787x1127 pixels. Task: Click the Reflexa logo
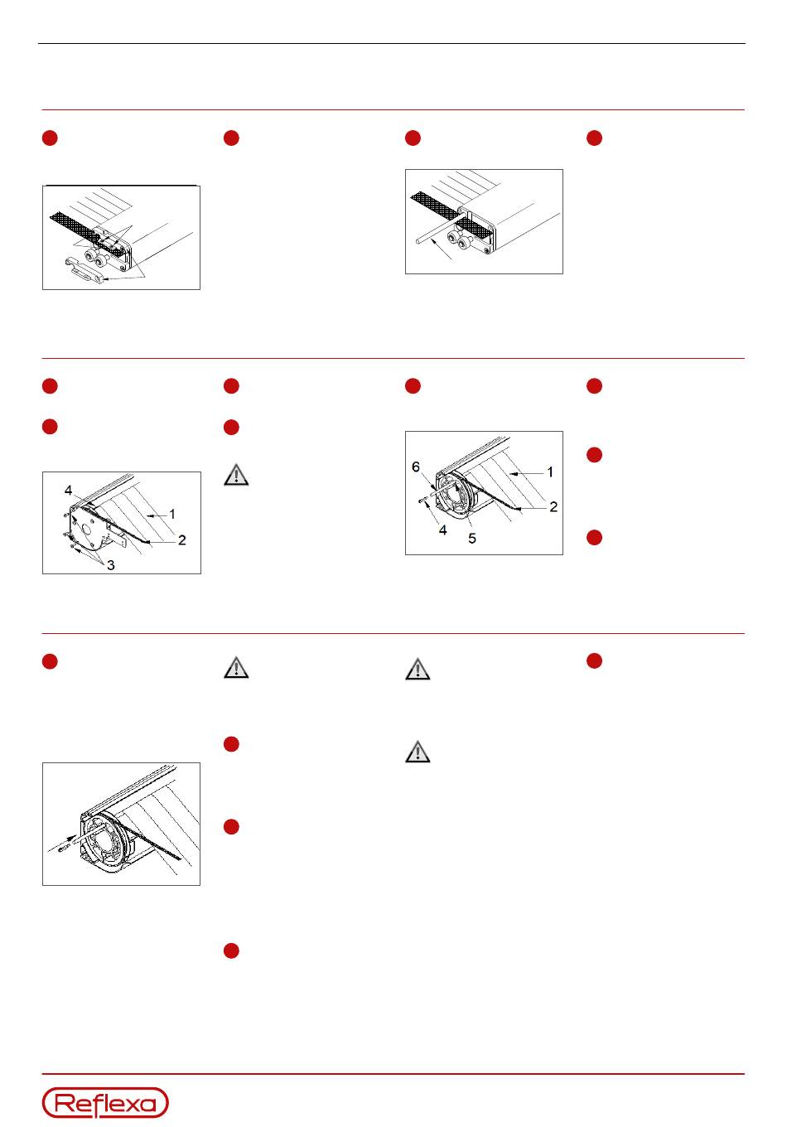tap(105, 1102)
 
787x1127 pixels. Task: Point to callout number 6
tap(415, 467)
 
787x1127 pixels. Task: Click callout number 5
tap(472, 539)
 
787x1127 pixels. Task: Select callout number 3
tap(111, 565)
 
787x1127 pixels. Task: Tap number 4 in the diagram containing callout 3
tap(69, 490)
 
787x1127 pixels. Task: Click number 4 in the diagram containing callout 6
tap(442, 530)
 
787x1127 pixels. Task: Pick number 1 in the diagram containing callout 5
tap(550, 472)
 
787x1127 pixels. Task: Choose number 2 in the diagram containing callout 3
tap(182, 539)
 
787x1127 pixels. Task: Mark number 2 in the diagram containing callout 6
tap(553, 506)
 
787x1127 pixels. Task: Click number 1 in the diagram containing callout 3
tap(172, 514)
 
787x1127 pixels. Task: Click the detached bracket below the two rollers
tap(86, 269)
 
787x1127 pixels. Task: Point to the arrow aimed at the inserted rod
tap(441, 250)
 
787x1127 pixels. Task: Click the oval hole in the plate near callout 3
tap(86, 530)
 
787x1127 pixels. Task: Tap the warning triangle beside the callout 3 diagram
tap(236, 475)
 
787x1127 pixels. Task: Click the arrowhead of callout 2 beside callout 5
tap(519, 509)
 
